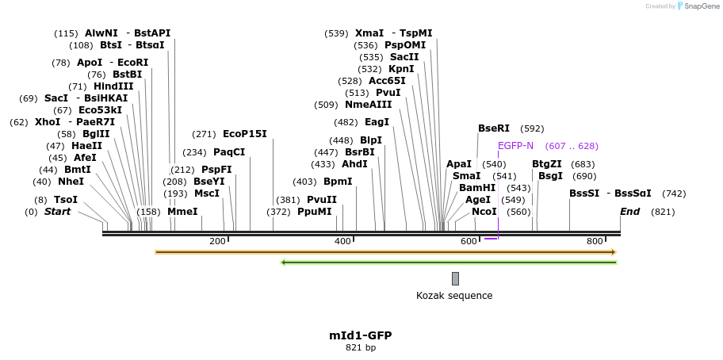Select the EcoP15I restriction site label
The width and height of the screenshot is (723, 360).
244,134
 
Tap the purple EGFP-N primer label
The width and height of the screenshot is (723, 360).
515,146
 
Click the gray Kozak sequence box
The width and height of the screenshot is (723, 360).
455,278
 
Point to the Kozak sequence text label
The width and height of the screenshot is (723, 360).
454,296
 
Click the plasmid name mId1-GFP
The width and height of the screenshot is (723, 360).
361,335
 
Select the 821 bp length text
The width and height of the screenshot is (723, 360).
361,347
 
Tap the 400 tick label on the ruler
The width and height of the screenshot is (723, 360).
342,241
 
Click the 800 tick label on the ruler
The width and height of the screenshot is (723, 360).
595,241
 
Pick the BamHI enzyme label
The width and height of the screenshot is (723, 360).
477,188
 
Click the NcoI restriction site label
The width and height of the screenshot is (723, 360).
484,212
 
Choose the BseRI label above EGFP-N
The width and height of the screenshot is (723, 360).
494,128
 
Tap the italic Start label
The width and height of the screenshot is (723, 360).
57,212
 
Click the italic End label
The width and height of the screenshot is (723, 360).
629,212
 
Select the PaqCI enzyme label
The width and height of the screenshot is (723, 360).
229,152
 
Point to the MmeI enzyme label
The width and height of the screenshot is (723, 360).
182,212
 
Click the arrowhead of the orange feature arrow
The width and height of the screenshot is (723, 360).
614,252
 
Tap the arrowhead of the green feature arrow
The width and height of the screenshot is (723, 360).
284,262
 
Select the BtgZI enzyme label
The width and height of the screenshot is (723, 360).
547,164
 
